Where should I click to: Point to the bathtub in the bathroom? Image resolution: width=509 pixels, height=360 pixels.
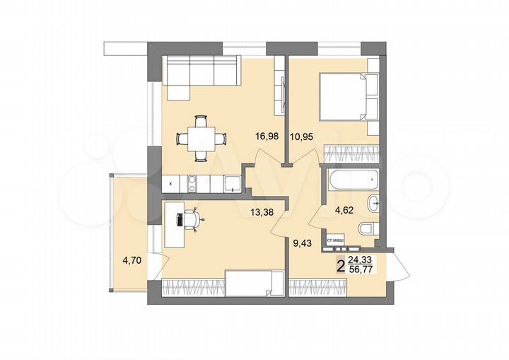click(351, 180)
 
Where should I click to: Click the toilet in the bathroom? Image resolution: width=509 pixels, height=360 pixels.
click(366, 228)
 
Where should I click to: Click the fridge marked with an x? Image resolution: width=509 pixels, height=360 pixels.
click(172, 184)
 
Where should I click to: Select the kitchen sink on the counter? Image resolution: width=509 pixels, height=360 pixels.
click(231, 185)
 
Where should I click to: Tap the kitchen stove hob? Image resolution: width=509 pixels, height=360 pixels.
click(192, 184)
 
